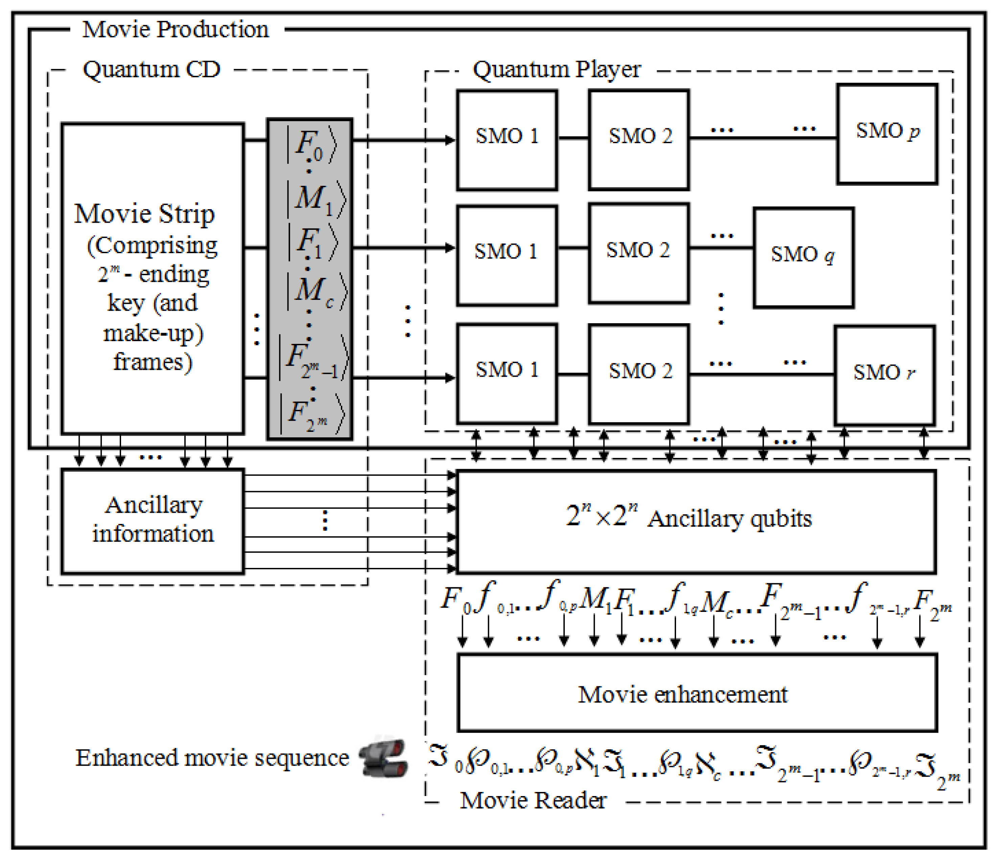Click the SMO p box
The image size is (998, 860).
pyautogui.click(x=887, y=134)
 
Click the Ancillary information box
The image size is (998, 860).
pyautogui.click(x=153, y=521)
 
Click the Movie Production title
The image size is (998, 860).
pyautogui.click(x=175, y=30)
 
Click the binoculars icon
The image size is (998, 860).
pyautogui.click(x=384, y=758)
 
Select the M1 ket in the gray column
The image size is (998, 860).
pyautogui.click(x=315, y=199)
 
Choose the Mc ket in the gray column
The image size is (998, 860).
pyautogui.click(x=316, y=291)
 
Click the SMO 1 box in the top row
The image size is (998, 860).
pyautogui.click(x=507, y=140)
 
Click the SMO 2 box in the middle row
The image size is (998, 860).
pyautogui.click(x=638, y=253)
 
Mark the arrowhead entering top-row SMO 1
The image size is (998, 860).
pyautogui.click(x=450, y=140)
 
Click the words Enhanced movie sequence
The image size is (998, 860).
pyautogui.click(x=212, y=758)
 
